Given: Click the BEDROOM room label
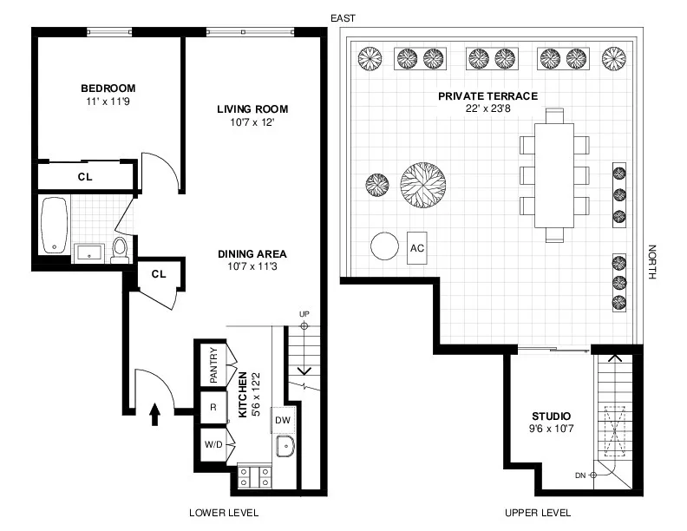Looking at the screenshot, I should pos(108,88).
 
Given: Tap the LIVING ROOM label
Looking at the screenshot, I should pos(252,109).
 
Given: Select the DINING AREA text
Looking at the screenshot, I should pos(252,254).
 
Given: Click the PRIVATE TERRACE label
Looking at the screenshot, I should pos(487,96).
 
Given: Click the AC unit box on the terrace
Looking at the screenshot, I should pos(417,247).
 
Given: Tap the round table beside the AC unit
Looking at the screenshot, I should pos(383,246).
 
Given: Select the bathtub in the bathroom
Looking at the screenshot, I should pos(55,225).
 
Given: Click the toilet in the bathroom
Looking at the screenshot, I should pos(120,250).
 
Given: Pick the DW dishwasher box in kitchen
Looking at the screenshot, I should pos(282,419).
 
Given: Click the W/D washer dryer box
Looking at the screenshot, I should pos(213,445).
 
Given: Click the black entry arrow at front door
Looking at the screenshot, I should pos(156,415).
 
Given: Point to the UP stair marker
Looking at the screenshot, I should pos(304,313).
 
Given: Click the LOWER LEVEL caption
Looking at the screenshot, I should pos(224,513).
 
